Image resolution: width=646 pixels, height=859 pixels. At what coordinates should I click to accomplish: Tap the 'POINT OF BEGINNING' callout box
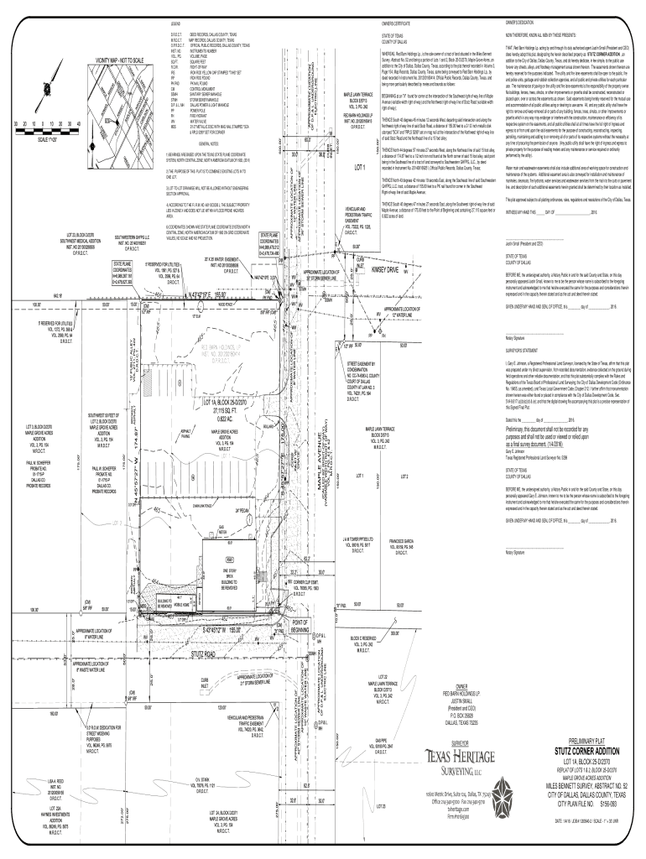[302, 621]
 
